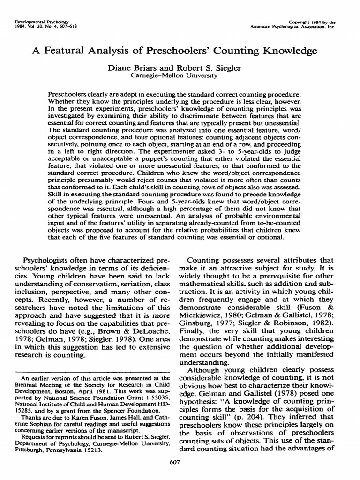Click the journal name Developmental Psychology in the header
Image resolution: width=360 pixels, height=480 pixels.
click(28, 22)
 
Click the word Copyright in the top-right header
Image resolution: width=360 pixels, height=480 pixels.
click(305, 22)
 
